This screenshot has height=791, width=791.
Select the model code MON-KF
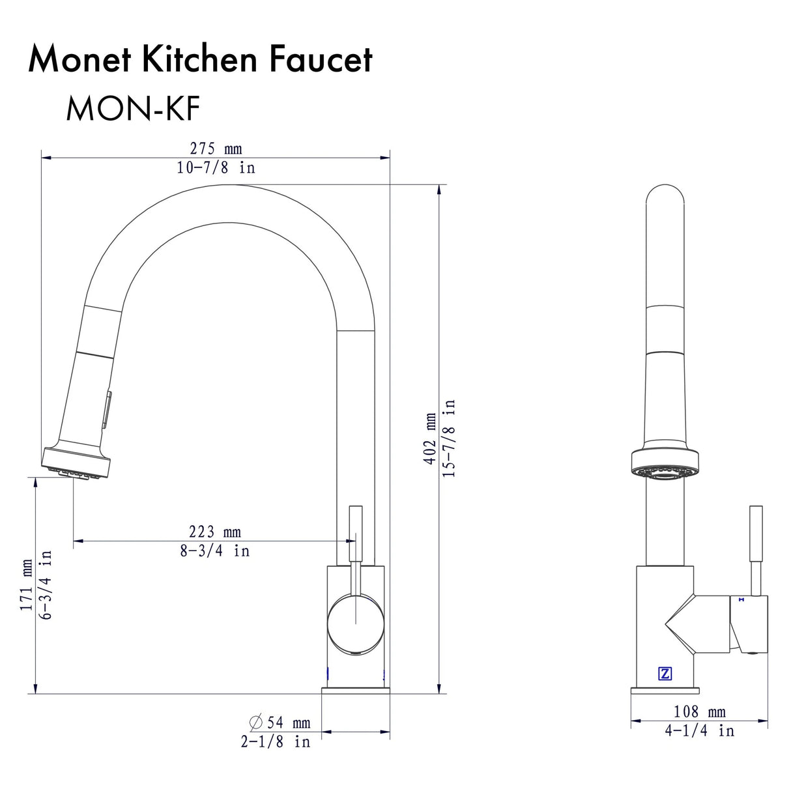132,109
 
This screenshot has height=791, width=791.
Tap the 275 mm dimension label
216,149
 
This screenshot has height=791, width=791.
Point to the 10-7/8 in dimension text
216,167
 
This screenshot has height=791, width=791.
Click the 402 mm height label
430,439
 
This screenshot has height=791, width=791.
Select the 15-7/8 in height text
449,439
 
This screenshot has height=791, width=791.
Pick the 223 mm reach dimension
214,532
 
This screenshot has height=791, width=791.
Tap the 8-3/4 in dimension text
214,551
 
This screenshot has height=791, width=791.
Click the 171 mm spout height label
26,584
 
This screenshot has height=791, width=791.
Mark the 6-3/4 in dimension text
45,584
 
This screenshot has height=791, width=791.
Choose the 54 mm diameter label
280,723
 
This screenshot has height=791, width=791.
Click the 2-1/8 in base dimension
275,741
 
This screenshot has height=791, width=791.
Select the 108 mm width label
699,712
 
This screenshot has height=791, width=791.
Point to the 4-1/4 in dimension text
699,731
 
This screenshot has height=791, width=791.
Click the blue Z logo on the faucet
665,674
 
